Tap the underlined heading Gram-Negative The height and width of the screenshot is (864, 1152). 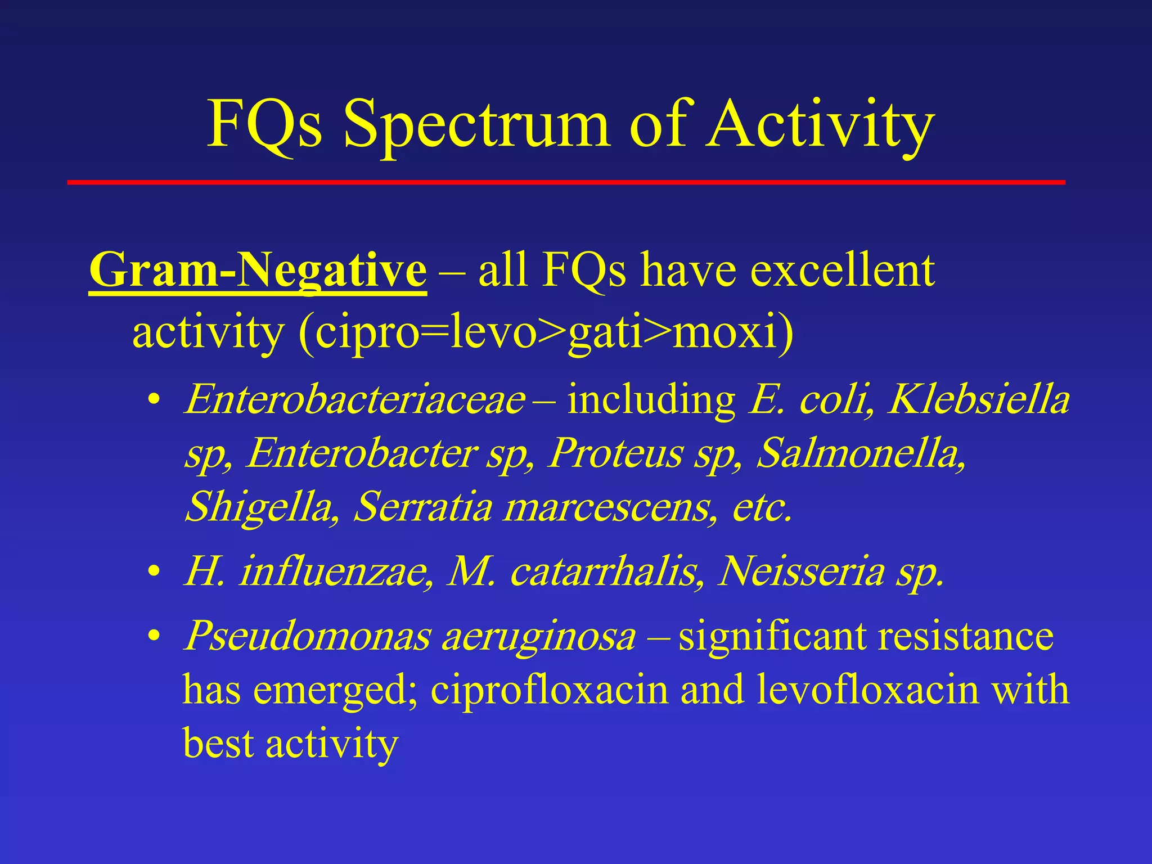(x=258, y=272)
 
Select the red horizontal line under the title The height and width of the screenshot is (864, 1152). (x=566, y=182)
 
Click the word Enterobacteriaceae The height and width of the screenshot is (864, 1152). (x=355, y=399)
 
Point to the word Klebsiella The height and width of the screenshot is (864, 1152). (x=978, y=399)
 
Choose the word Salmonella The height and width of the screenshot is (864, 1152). (x=861, y=453)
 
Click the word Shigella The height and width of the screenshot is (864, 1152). (x=262, y=506)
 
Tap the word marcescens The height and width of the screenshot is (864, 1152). (x=610, y=506)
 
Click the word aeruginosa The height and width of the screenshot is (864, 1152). (x=538, y=637)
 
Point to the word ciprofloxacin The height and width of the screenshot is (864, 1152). (x=549, y=690)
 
